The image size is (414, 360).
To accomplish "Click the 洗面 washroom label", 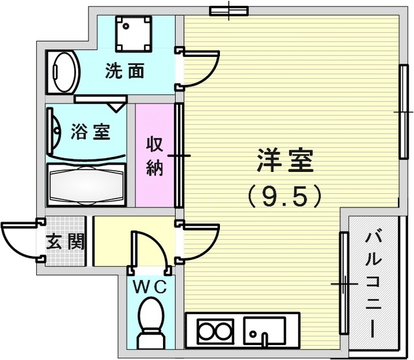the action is click(125, 70).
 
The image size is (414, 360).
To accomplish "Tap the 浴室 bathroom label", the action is click(91, 132).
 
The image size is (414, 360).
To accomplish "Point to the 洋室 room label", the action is click(285, 160).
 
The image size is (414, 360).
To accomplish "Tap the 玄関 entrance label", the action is click(65, 241).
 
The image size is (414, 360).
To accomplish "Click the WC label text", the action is click(149, 287).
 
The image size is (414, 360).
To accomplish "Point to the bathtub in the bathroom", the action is click(86, 185).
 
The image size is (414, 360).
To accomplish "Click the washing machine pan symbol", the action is click(134, 33).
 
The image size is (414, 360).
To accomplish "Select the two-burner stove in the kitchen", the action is click(216, 331).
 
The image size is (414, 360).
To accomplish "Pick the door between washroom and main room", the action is click(197, 69).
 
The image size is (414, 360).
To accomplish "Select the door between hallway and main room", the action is click(197, 242).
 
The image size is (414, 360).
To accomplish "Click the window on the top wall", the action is click(229, 11).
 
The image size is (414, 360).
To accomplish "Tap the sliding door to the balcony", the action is click(344, 282).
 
